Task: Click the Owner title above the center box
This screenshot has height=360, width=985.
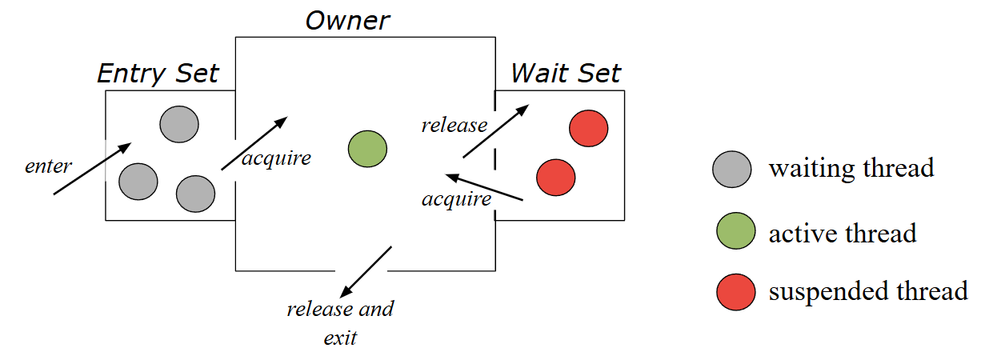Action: coord(347,19)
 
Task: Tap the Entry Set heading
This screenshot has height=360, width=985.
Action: coord(158,74)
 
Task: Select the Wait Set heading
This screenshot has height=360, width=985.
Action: coord(566,74)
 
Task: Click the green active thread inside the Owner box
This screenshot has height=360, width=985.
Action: coord(367,150)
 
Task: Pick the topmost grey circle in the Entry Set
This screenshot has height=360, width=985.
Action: coord(179,124)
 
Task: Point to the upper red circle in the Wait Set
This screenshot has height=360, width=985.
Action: coord(589,128)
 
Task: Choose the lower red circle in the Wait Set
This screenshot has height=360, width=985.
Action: coord(555,177)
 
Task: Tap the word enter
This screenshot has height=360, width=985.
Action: coord(49,166)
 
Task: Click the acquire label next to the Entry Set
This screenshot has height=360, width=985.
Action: coord(276,158)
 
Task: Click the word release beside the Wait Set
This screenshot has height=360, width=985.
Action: coord(454,125)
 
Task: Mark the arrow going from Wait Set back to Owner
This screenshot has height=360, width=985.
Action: coord(485,187)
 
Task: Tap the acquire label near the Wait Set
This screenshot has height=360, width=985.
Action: coord(456,199)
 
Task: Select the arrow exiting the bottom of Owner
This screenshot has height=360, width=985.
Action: coord(366,271)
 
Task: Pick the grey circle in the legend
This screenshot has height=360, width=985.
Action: coord(731,170)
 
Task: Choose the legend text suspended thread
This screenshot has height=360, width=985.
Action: coord(868,291)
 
